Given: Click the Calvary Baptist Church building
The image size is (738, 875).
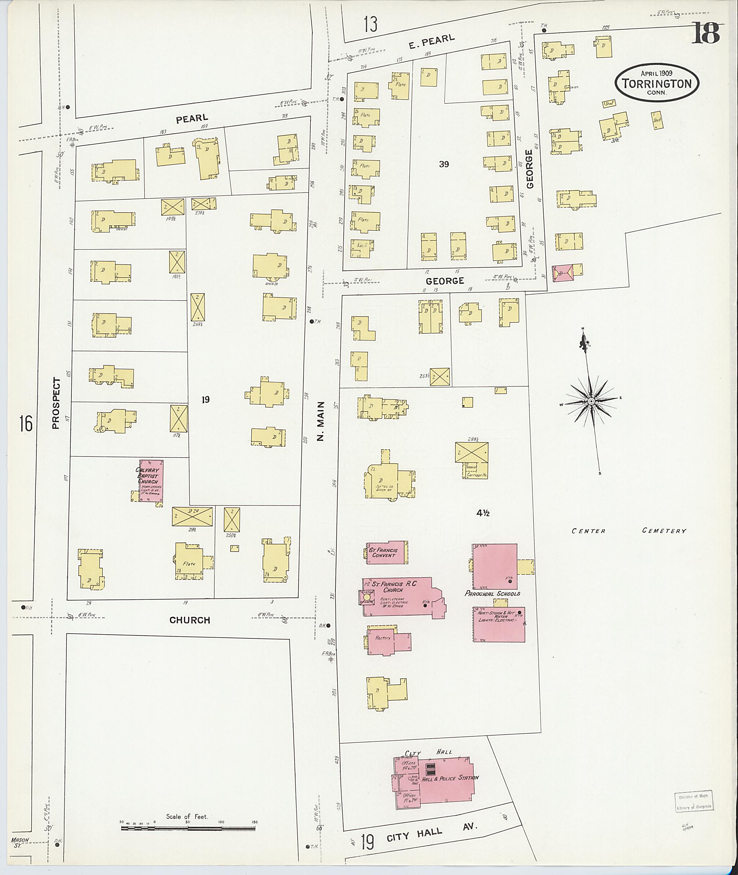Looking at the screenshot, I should (151, 481).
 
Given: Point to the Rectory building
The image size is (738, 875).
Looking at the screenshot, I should (383, 638).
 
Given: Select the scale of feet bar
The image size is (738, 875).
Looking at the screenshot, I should (188, 828).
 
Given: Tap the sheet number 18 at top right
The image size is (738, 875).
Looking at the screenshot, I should (705, 33).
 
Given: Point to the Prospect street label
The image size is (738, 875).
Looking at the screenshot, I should (56, 403).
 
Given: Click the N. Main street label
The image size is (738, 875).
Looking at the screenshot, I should (320, 421).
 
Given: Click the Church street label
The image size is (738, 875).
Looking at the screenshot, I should (190, 620).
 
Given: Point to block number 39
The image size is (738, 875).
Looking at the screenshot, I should (444, 164).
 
